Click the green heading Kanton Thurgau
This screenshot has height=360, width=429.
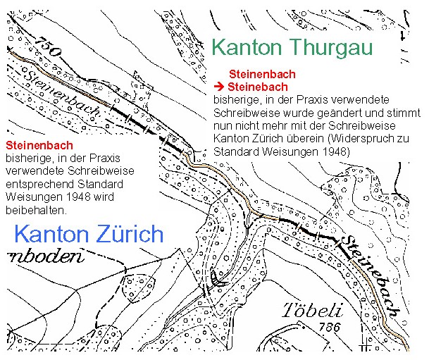(292, 47)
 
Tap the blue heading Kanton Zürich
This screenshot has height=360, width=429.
(89, 234)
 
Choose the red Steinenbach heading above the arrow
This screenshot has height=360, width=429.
(261, 74)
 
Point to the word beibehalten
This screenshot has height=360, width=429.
(35, 211)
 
